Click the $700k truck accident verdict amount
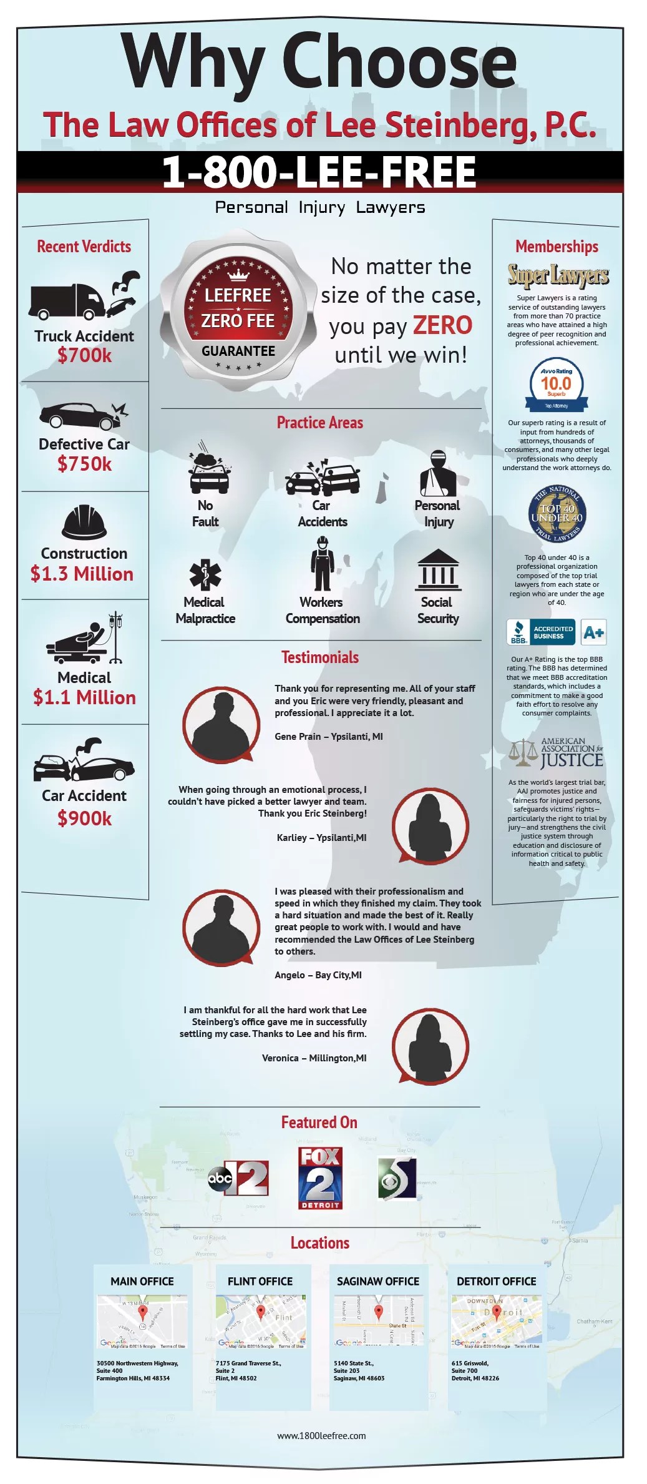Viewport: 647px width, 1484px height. pos(84,356)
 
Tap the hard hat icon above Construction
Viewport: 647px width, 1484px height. pos(84,522)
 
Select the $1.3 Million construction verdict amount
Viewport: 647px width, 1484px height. pos(82,574)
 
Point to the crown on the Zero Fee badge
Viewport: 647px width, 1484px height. pos(238,275)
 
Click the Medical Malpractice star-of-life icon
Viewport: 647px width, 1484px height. pos(205,574)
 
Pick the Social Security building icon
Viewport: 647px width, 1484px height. pos(438,569)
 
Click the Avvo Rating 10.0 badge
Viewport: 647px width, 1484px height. pos(556,385)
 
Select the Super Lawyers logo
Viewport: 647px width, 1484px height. pos(558,275)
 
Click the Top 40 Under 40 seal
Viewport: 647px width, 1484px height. pos(557,514)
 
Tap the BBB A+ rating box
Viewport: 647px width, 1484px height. pos(593,632)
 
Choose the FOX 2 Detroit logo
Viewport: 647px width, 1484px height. pos(320,1178)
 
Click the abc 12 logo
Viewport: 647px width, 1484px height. pos(239,1178)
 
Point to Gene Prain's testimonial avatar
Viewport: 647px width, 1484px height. pos(221,724)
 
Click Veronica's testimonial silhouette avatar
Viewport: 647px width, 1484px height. pos(430,1047)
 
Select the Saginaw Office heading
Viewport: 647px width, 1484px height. pos(378,1281)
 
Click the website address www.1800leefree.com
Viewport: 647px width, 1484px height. pos(321,1436)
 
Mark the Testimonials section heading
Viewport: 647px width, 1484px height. pos(320,657)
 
